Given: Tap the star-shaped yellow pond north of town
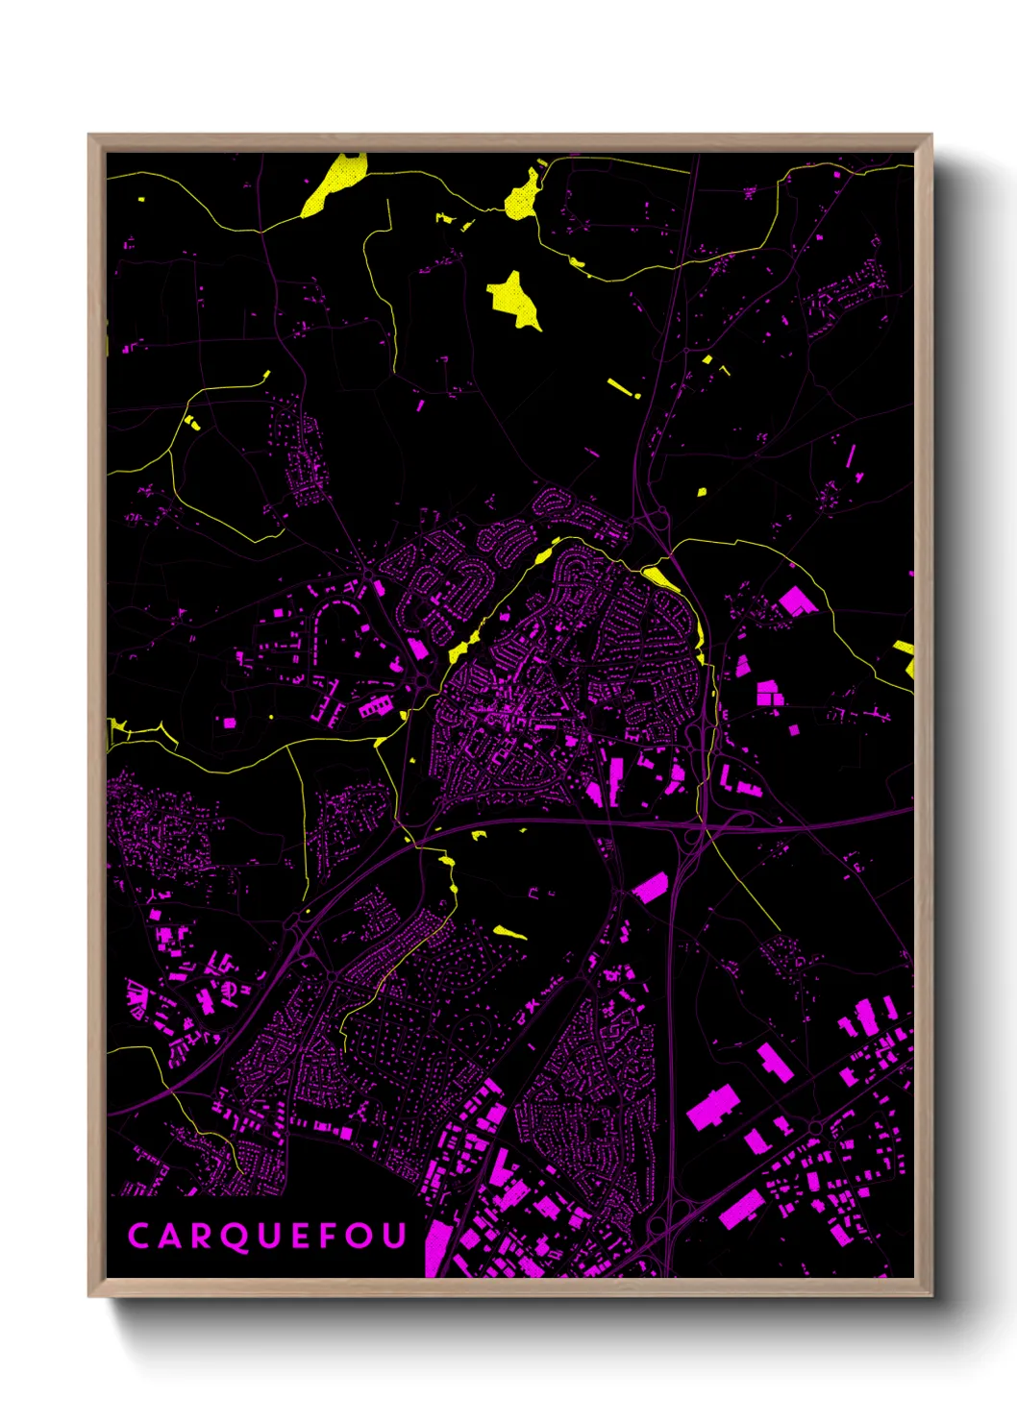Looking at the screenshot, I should click(x=513, y=300).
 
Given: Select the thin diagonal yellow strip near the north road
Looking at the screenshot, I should click(x=622, y=387).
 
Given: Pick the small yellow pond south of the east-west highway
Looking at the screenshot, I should click(x=509, y=931).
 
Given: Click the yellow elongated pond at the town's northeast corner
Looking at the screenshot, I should click(x=660, y=577).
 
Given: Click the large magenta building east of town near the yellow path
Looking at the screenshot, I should click(x=797, y=601).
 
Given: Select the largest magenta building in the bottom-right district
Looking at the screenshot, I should click(x=711, y=1107).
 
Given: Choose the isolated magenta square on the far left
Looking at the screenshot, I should click(x=230, y=723).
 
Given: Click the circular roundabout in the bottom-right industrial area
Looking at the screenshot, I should click(x=815, y=1127).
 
